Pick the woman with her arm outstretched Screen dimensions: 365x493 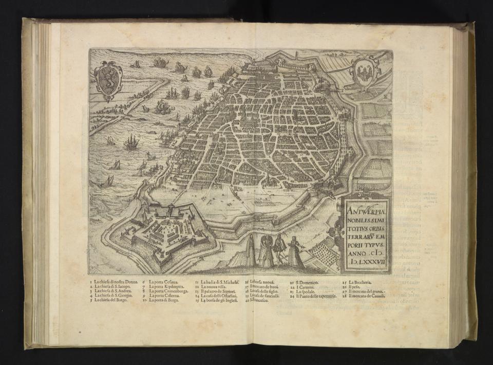(x=296, y=251)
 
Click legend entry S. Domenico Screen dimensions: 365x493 (x=306, y=283)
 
